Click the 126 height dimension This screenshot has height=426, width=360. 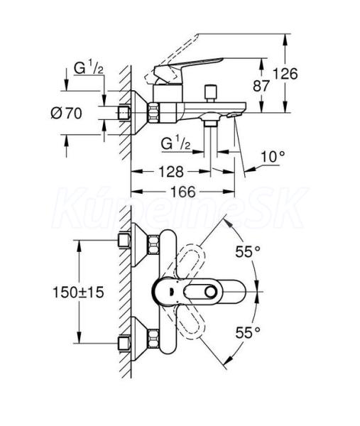[x=285, y=74]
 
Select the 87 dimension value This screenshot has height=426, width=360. [x=261, y=86]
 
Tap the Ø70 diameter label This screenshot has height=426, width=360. [x=66, y=113]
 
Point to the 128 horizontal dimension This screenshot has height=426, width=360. [x=171, y=172]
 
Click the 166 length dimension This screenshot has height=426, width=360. [x=182, y=192]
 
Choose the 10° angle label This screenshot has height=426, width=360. [x=273, y=157]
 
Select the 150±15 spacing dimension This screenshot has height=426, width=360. [x=78, y=293]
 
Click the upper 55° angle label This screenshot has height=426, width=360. [x=248, y=251]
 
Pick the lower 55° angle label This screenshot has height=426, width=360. [x=248, y=332]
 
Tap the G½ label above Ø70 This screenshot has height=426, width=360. [x=89, y=68]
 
